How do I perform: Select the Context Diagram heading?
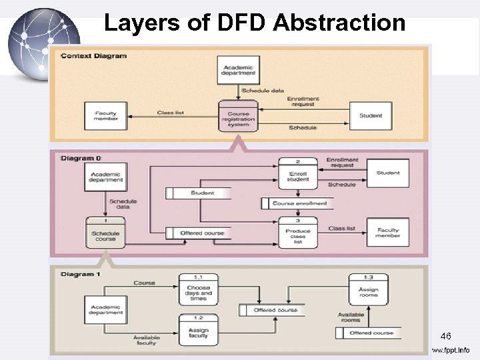93,56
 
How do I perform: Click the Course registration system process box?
239,117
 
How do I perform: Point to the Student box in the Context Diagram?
371,116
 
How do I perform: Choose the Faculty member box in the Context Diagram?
105,116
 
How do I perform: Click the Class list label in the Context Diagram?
170,113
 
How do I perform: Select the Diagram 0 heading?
81,159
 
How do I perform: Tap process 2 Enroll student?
298,173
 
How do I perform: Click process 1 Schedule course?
105,233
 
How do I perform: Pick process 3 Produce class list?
298,233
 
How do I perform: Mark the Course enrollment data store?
297,203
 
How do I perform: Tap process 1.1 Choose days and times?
198,290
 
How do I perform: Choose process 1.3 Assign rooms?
368,290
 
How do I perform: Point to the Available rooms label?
350,317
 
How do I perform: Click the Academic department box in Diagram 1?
105,310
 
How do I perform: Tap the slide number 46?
445,337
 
